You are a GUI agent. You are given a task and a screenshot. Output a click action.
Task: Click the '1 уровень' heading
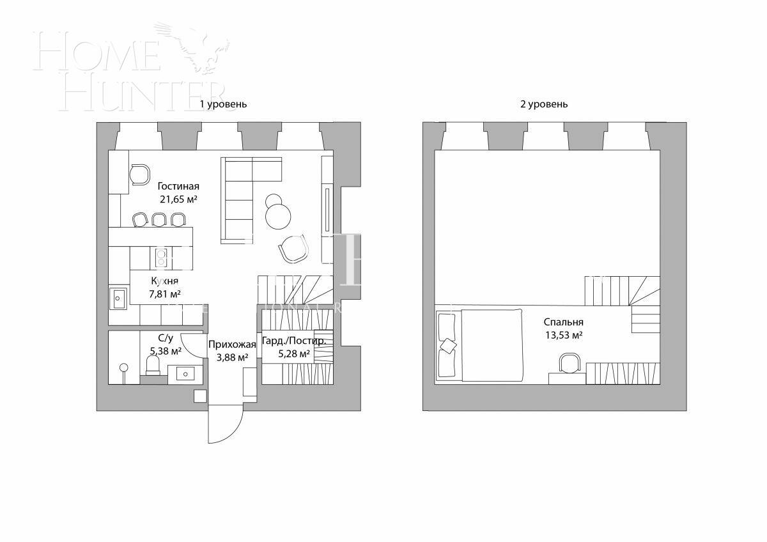point(223,104)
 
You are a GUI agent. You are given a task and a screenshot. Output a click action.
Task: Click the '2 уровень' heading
point(543,104)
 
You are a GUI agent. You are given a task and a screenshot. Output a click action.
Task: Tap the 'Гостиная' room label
point(178,187)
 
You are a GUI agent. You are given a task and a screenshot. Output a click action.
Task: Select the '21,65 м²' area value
point(178,199)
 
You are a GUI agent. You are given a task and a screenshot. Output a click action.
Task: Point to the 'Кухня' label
point(164,281)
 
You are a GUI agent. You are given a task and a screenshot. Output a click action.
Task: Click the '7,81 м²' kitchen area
point(164,294)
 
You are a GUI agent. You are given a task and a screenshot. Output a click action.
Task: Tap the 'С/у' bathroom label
point(165,338)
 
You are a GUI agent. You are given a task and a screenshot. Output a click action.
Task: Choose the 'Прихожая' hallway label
point(232,345)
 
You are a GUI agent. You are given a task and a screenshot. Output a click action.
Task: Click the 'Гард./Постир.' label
point(294,341)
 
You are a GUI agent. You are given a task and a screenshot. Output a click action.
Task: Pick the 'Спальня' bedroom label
point(563,323)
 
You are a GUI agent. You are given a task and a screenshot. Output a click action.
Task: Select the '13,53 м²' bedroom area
point(563,335)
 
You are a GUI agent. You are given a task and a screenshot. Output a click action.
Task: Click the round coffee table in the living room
point(279,215)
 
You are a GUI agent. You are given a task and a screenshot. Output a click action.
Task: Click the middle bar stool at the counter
point(159,219)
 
